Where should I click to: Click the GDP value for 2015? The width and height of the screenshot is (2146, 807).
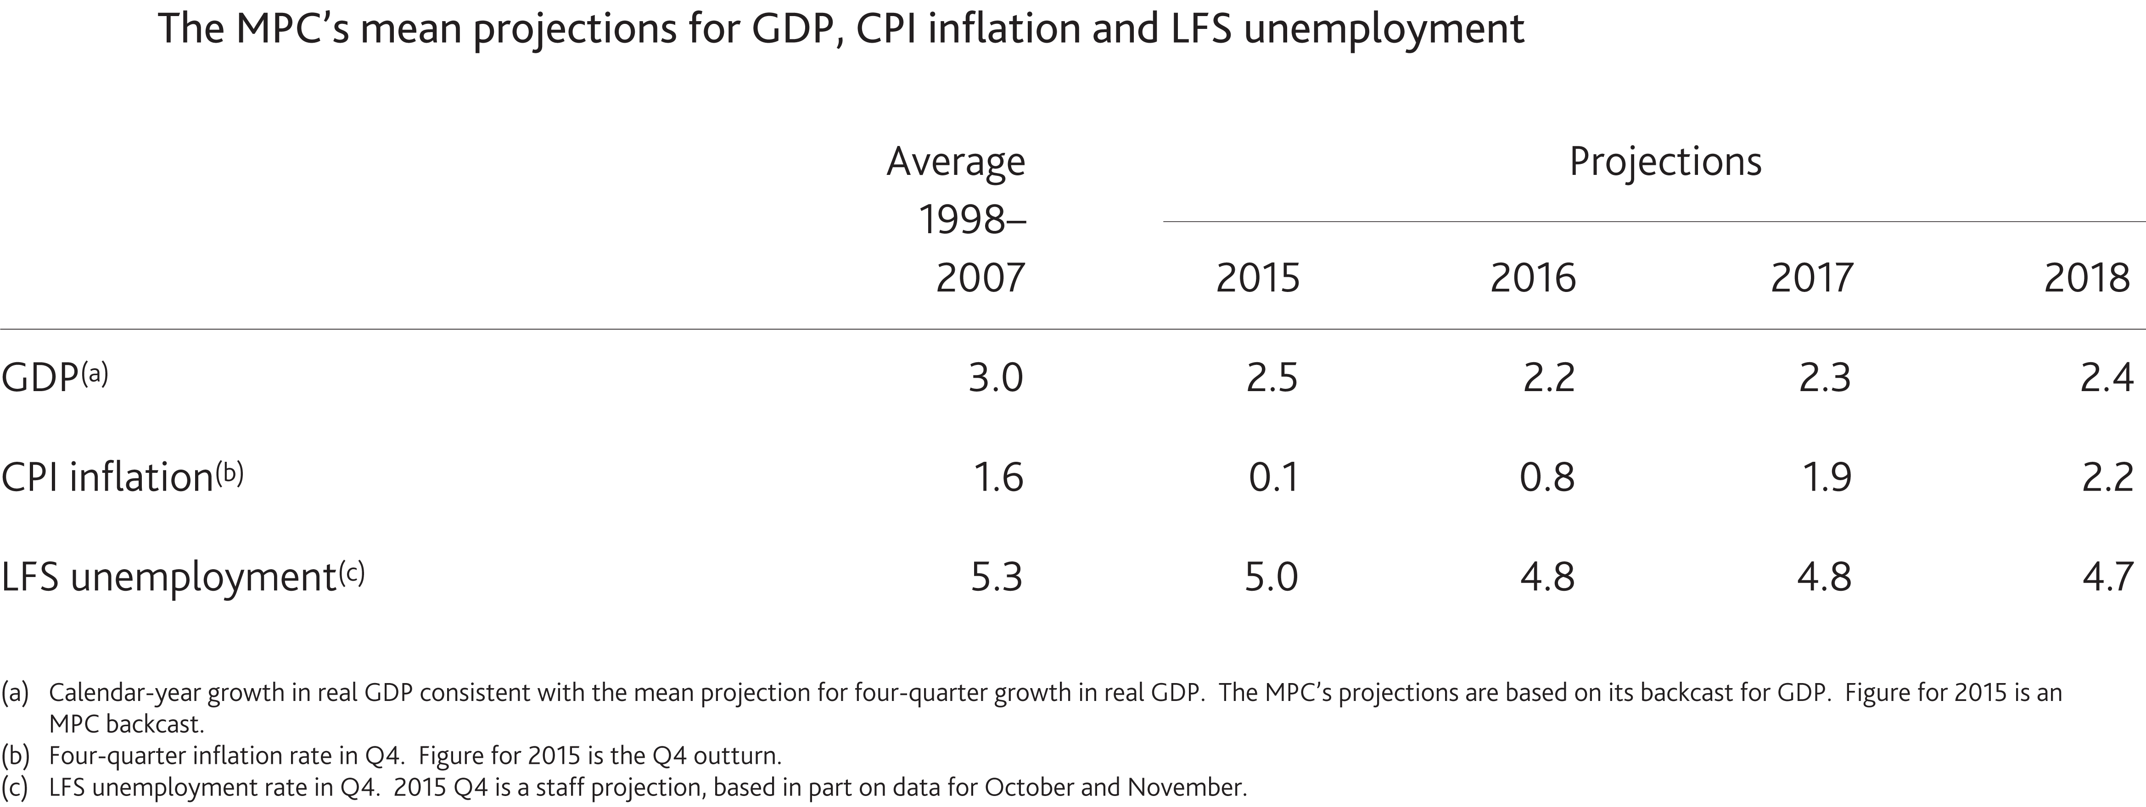1271,378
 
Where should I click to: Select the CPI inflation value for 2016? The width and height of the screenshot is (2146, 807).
1547,478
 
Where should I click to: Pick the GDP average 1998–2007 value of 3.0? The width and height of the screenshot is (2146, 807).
996,378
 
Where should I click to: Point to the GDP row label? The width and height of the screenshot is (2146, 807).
40,378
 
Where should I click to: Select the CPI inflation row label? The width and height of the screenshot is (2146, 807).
106,478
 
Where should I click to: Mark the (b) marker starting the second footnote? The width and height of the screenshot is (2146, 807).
15,756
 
